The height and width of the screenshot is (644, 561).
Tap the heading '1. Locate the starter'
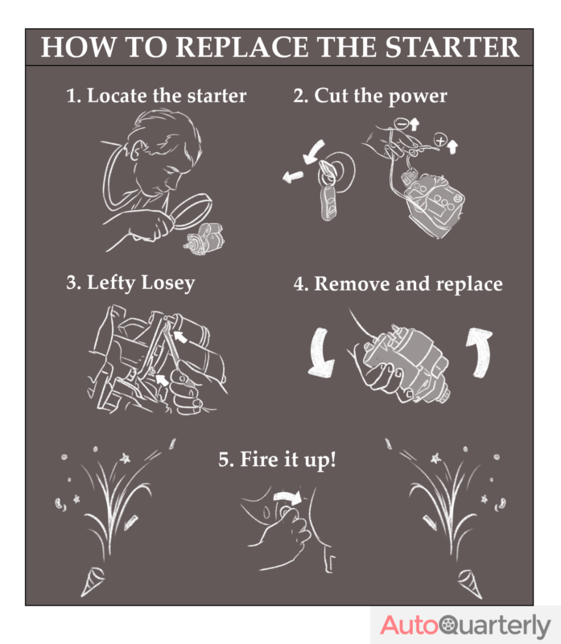[x=156, y=96]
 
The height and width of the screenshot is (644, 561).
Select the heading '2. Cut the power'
[x=369, y=96]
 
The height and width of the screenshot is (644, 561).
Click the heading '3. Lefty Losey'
[x=130, y=283]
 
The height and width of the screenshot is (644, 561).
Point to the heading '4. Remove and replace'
[x=398, y=284]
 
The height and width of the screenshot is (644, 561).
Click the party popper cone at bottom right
[x=466, y=577]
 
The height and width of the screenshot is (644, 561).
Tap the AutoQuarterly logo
[x=465, y=624]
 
